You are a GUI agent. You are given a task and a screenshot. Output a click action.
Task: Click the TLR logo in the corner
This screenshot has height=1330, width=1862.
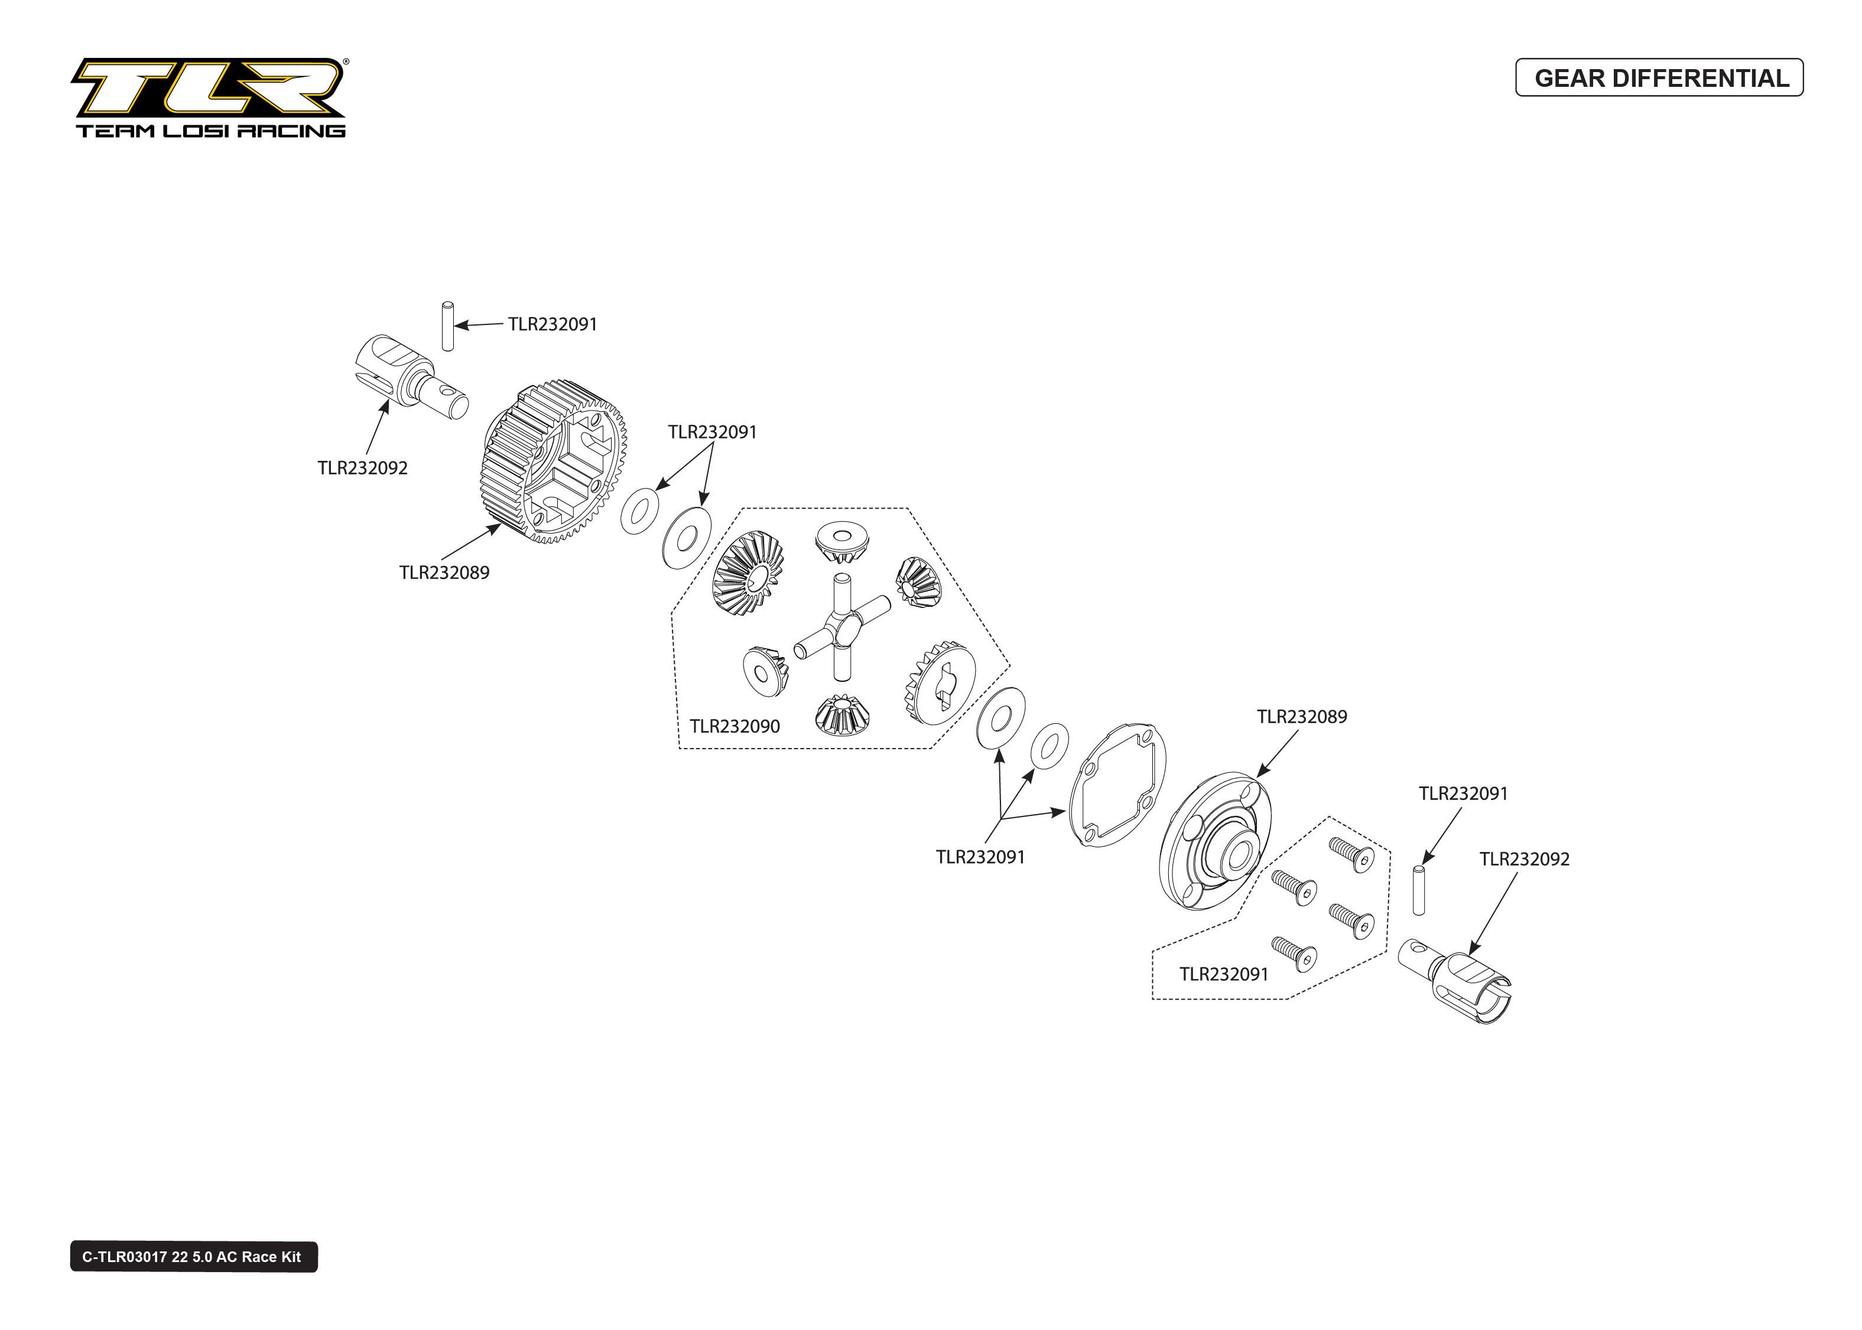(x=209, y=87)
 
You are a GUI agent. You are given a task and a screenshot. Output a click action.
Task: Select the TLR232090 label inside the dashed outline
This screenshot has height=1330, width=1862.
(x=734, y=726)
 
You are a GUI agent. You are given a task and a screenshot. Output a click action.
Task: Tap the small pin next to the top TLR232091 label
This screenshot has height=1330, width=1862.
(x=447, y=327)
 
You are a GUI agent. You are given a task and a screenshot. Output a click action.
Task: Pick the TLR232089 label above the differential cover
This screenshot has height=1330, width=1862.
(x=1301, y=717)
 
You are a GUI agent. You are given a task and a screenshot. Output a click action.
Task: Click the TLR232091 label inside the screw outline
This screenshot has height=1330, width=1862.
(x=1223, y=974)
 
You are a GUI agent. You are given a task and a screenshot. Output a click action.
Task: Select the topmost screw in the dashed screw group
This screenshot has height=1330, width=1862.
(x=1352, y=855)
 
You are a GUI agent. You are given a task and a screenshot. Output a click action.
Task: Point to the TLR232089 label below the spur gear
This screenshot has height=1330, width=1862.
(x=444, y=573)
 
